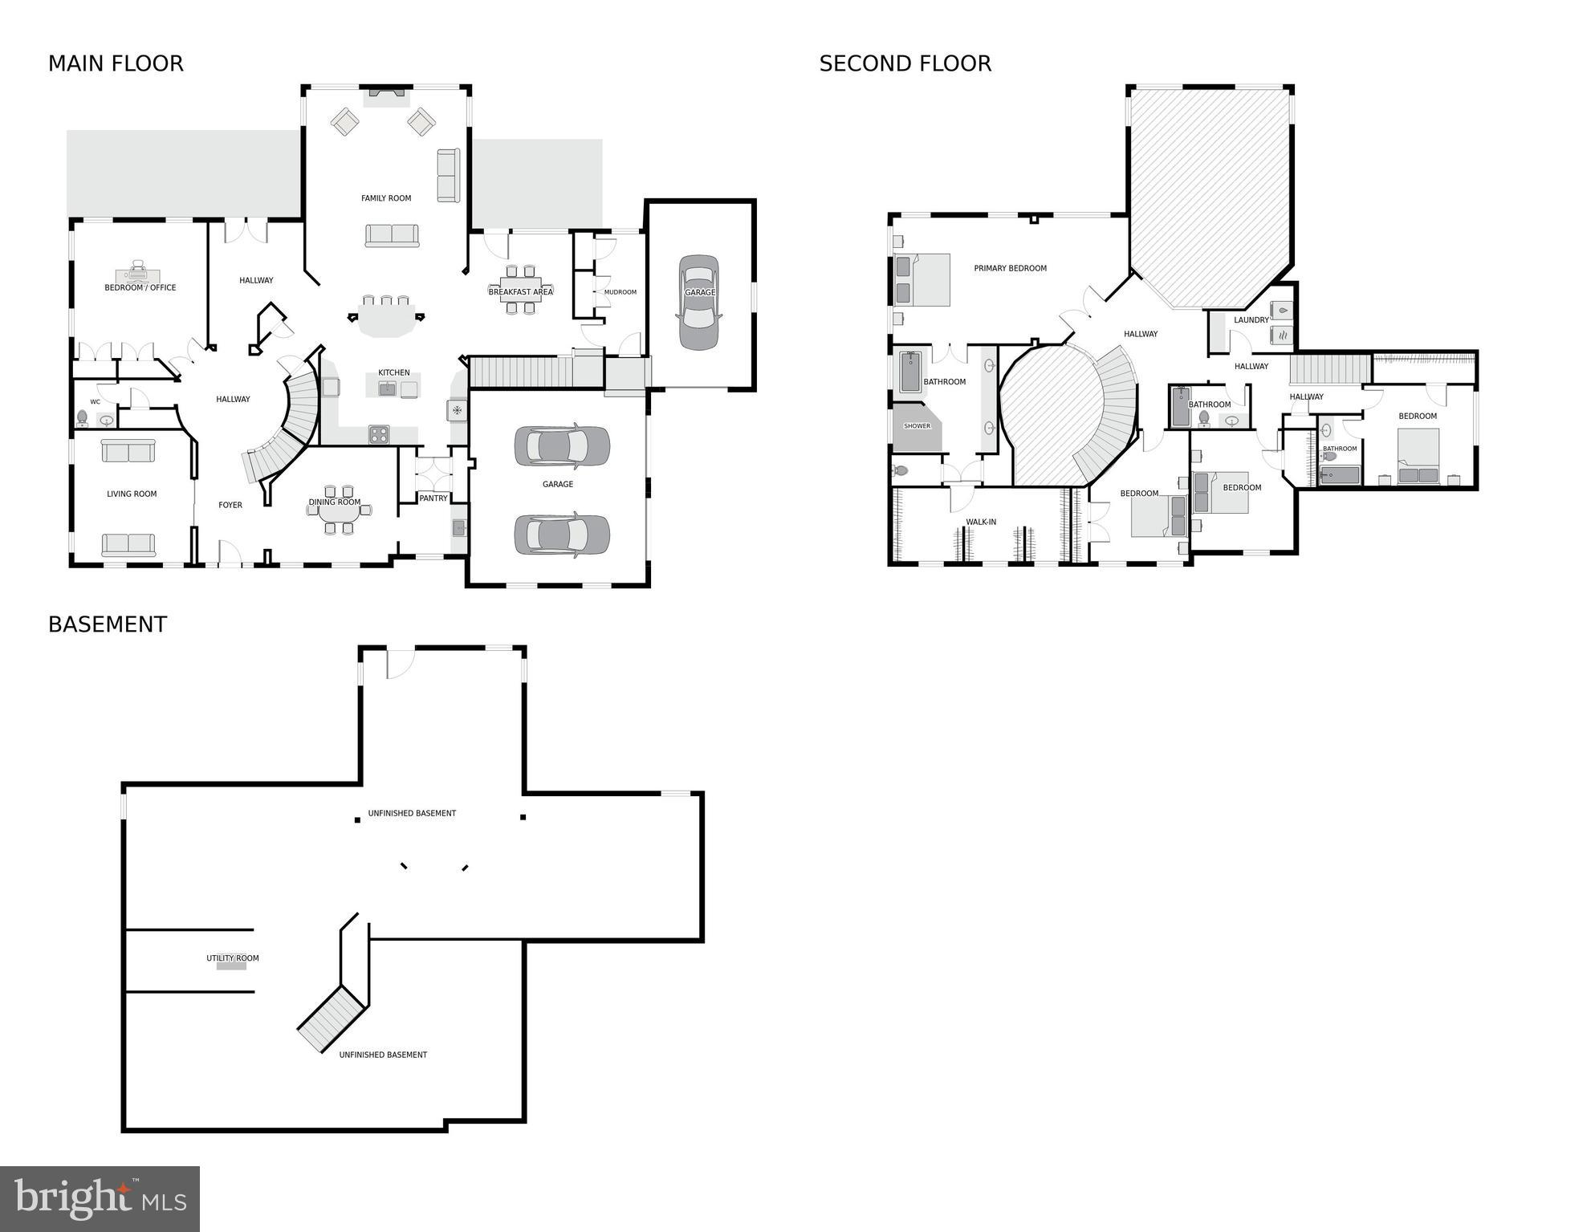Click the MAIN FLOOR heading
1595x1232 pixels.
[116, 63]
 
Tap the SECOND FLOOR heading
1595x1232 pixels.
[905, 63]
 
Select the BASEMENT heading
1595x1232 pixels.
[108, 624]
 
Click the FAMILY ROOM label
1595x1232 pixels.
[386, 198]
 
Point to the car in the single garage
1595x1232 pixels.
[698, 303]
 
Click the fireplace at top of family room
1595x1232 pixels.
[386, 97]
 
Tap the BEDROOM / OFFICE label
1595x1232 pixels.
[140, 287]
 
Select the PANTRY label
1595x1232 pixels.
[433, 498]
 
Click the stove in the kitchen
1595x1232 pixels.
[379, 434]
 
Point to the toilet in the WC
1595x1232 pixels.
[82, 417]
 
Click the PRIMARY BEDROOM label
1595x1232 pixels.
[1010, 268]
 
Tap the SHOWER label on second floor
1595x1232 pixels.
[917, 426]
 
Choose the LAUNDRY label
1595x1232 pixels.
[1251, 320]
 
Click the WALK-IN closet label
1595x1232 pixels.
[981, 522]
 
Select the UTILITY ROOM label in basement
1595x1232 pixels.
[232, 958]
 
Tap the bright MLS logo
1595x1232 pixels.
[100, 1198]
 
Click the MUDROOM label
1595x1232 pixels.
[620, 292]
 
